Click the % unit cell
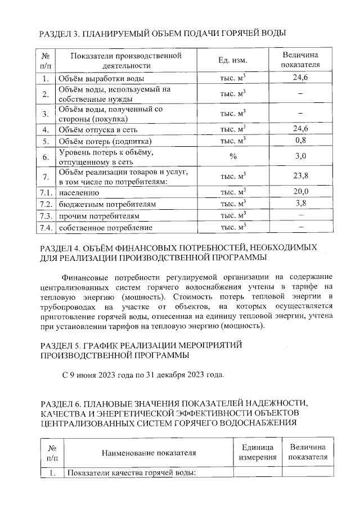coord(232,158)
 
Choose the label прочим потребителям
coord(99,215)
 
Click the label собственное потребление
coord(106,227)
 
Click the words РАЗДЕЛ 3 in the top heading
coord(60,34)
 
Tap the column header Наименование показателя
coord(148,452)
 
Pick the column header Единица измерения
coord(258,452)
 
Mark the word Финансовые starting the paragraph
coord(83,277)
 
